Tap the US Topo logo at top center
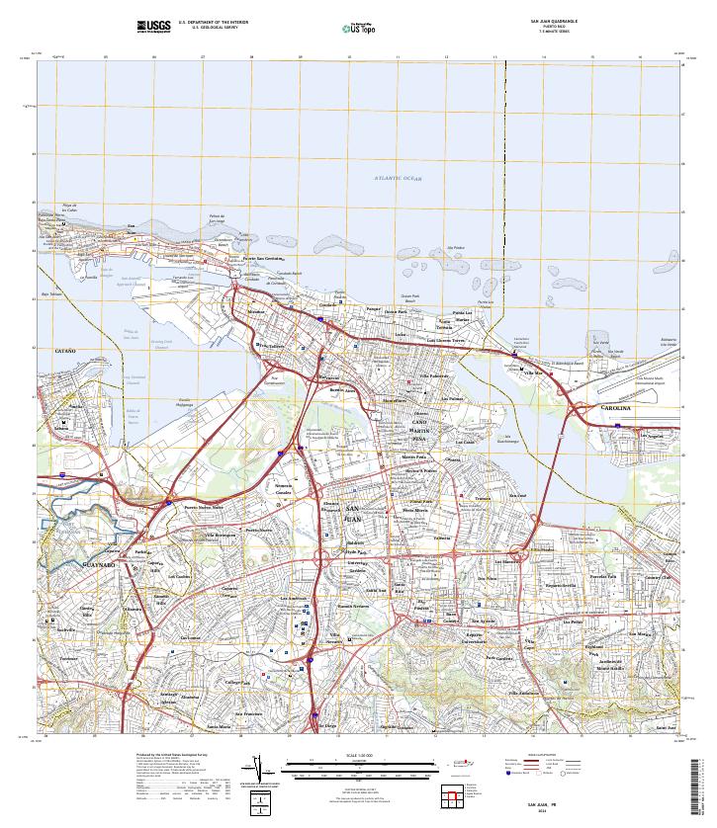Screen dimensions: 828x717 (x=358, y=27)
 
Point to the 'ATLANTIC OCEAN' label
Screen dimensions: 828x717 (x=398, y=178)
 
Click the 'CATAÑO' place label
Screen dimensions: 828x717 (x=64, y=351)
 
